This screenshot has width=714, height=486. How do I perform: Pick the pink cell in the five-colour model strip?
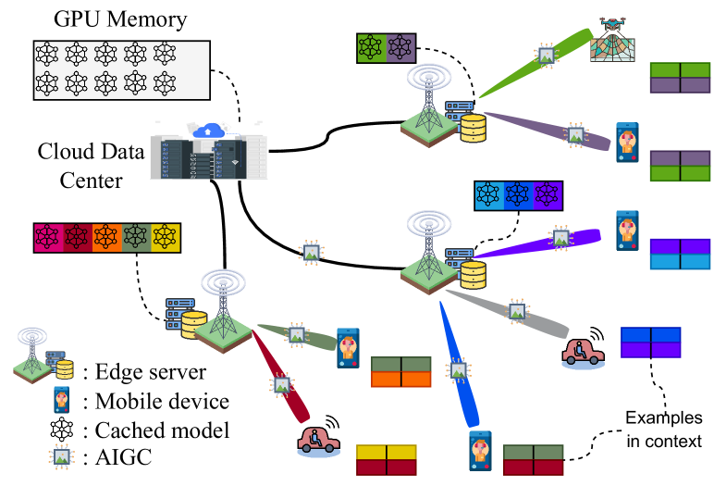47,238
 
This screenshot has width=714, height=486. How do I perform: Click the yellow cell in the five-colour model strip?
166,238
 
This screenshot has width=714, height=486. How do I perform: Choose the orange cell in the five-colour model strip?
106,238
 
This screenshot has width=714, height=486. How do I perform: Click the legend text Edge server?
143,372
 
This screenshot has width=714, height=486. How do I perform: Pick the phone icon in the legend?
60,402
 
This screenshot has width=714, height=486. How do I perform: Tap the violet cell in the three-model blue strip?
547,195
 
